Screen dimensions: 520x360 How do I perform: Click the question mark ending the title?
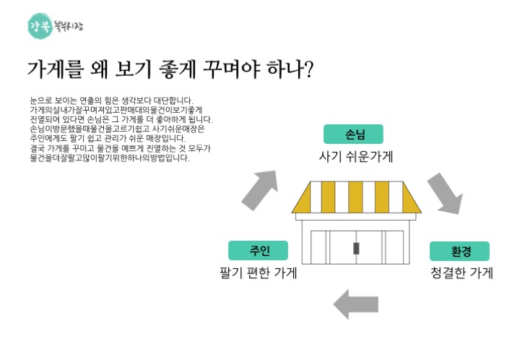[307, 69]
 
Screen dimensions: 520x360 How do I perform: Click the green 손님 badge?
[353, 134]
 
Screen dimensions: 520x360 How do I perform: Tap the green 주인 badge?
[259, 250]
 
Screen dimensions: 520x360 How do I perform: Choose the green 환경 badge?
[460, 251]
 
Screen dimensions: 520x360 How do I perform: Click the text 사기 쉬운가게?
[356, 156]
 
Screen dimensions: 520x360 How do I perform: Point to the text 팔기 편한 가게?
[259, 273]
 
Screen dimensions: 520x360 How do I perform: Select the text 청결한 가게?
[461, 273]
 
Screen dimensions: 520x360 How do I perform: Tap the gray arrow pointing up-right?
[259, 189]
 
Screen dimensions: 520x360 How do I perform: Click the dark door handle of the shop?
[356, 249]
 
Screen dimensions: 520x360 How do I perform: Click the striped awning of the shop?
[356, 197]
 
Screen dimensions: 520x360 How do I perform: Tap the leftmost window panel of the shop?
[318, 247]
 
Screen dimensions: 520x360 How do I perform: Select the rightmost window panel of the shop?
[394, 247]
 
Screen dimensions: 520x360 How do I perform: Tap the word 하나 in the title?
[282, 69]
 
